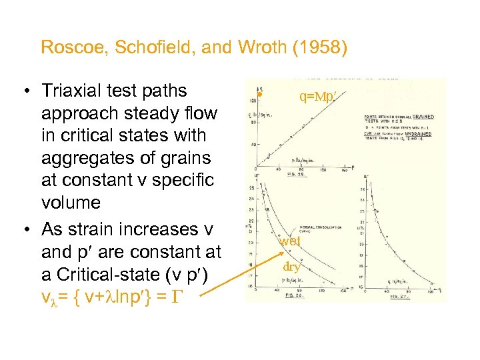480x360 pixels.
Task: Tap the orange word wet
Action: click(x=290, y=241)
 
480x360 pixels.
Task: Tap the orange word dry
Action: click(x=291, y=267)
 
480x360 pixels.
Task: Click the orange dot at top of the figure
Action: click(x=262, y=95)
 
